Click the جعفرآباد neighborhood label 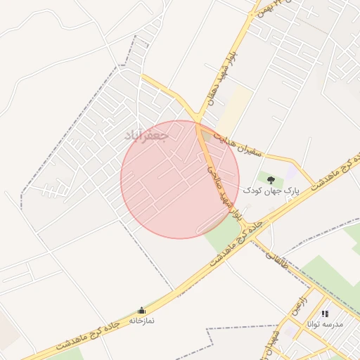tap(146, 134)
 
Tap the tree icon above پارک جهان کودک tap(271, 180)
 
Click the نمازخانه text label tap(141, 320)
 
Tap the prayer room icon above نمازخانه tap(141, 310)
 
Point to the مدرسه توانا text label tap(324, 324)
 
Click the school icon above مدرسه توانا tap(324, 314)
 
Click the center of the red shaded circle tap(180, 179)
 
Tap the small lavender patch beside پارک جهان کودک tap(291, 172)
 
